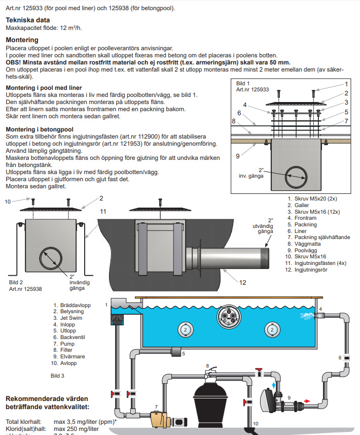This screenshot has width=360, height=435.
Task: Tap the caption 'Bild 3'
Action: click(57, 376)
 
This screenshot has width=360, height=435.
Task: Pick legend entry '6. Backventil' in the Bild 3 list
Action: click(72, 337)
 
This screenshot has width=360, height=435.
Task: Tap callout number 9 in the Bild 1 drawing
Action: click(237, 156)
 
